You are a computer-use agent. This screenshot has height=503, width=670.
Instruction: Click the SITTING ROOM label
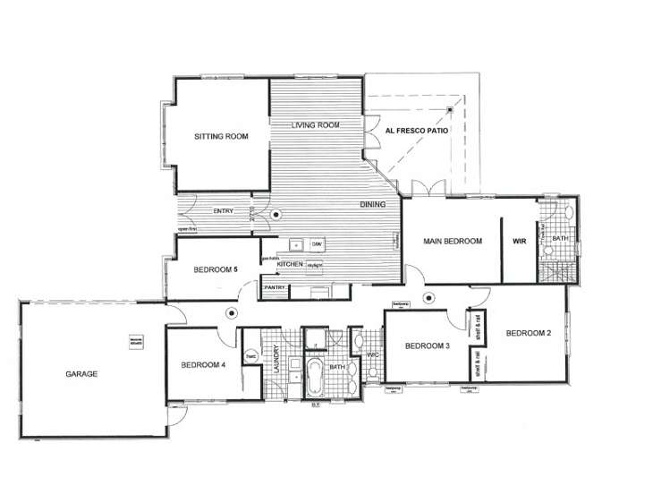[x=221, y=137]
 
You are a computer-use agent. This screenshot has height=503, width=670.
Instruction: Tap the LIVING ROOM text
[x=316, y=125]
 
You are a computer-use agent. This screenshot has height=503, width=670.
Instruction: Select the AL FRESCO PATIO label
[x=417, y=131]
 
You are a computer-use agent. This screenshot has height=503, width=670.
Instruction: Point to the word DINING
[x=373, y=205]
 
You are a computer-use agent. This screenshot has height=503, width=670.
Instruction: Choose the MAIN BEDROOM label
[x=453, y=242]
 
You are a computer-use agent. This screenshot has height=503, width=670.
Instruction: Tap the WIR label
[x=519, y=242]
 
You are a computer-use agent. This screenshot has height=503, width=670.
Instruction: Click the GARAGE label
[x=81, y=373]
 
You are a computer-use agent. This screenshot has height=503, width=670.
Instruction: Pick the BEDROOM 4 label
[x=202, y=364]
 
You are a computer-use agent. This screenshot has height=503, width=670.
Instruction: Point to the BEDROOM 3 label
[x=427, y=346]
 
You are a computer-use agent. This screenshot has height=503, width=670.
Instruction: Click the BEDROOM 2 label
[x=528, y=334]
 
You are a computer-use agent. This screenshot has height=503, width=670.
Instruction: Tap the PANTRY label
[x=274, y=288]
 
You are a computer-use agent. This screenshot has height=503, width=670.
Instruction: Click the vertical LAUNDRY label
[x=277, y=359]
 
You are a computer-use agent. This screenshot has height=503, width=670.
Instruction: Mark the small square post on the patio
[x=450, y=111]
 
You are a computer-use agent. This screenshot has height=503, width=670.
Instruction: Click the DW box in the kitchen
[x=317, y=244]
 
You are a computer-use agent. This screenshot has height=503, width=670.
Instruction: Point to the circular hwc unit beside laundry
[x=251, y=356]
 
